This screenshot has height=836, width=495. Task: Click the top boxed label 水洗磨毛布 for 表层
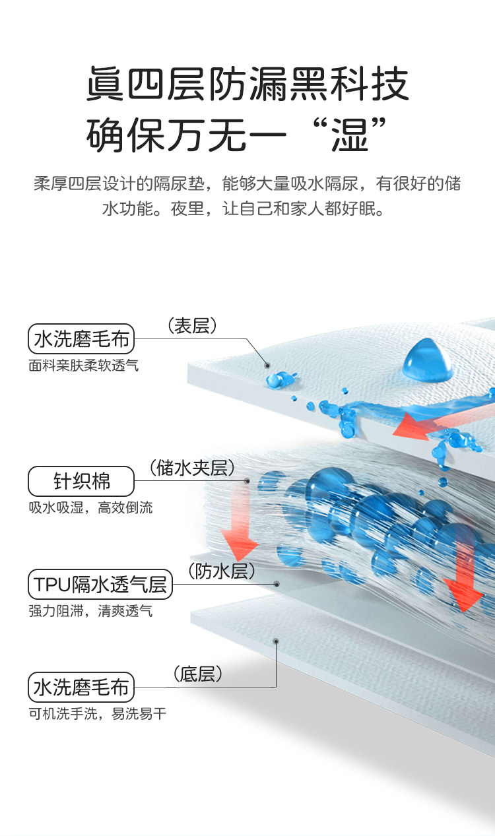tap(81, 338)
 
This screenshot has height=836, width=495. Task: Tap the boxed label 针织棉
tap(81, 481)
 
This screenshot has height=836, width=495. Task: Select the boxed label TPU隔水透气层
tap(100, 584)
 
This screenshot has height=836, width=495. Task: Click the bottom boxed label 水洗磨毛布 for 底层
tap(81, 687)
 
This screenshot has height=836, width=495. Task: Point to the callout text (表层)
tap(192, 326)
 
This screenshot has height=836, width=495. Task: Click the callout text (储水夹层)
tap(192, 468)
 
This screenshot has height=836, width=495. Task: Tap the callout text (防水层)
tap(221, 571)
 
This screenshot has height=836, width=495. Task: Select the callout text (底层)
tap(198, 674)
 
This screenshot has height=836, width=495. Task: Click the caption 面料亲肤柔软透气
tap(84, 366)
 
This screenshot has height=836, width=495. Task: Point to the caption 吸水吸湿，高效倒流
tap(90, 507)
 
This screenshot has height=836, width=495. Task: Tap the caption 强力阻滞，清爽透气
tap(90, 611)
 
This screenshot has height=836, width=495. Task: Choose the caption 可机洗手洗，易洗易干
tap(98, 714)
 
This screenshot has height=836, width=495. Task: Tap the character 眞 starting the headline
tap(105, 84)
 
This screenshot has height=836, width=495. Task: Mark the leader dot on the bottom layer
tap(277, 641)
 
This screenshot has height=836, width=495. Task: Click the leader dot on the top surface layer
tap(267, 366)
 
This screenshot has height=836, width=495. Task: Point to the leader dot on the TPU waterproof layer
tap(277, 584)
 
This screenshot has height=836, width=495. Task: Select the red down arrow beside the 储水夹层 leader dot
tap(239, 521)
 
